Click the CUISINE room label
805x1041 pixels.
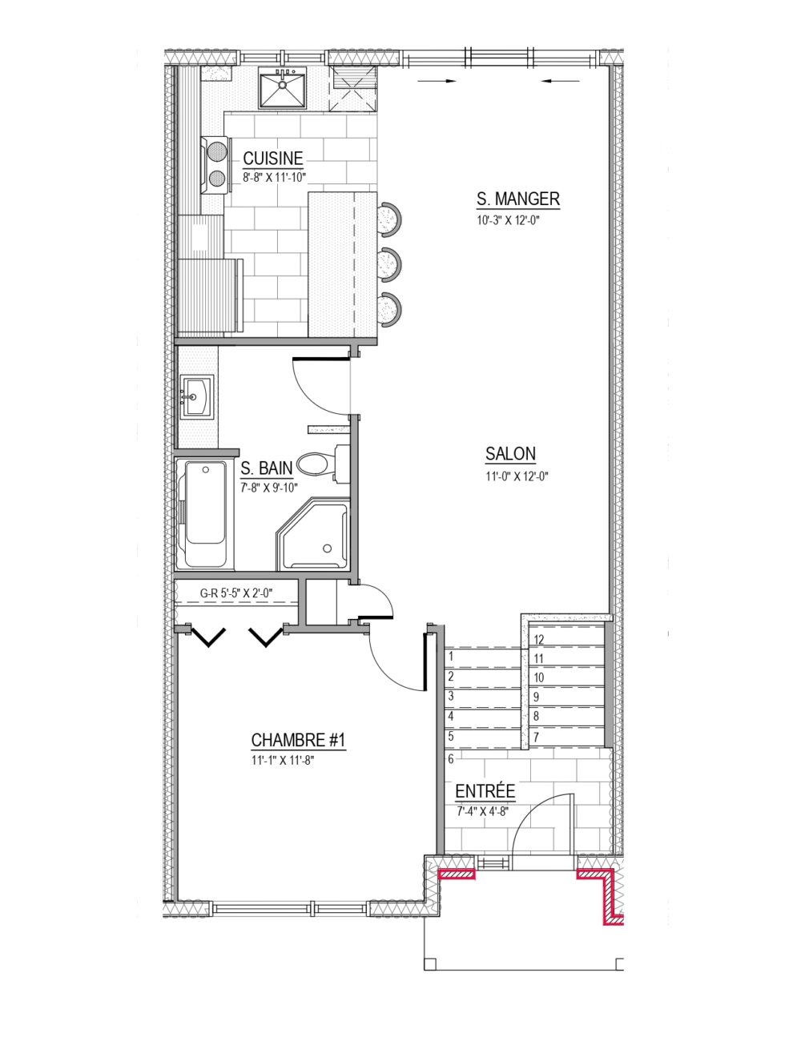point(273,158)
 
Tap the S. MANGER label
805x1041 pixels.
point(518,199)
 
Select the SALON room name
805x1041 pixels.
point(510,454)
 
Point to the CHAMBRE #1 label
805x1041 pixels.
point(298,740)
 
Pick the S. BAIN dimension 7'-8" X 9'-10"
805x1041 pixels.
point(269,488)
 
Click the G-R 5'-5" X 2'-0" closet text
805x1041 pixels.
point(236,593)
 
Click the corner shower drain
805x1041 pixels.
point(328,548)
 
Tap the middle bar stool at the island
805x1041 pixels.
point(389,264)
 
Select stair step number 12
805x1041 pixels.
point(538,640)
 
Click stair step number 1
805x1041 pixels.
point(450,656)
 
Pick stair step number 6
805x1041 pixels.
point(450,758)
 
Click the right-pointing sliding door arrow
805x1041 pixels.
point(437,81)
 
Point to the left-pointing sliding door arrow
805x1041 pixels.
point(561,81)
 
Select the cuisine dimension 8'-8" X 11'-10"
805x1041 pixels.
point(274,177)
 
